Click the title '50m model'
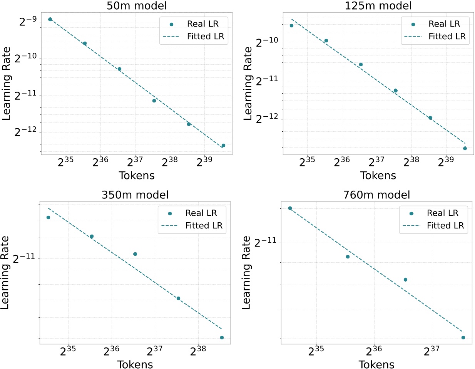(137, 6)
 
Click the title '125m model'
(378, 6)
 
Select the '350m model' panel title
(135, 195)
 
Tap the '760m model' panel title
(376, 195)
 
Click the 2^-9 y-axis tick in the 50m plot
(28, 20)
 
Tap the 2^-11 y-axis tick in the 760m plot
(266, 242)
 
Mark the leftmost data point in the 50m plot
(50, 19)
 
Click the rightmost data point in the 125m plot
(465, 148)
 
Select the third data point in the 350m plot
(135, 254)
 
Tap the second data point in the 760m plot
(348, 257)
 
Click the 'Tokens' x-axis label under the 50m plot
(137, 176)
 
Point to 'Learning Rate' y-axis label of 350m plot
(5, 273)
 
